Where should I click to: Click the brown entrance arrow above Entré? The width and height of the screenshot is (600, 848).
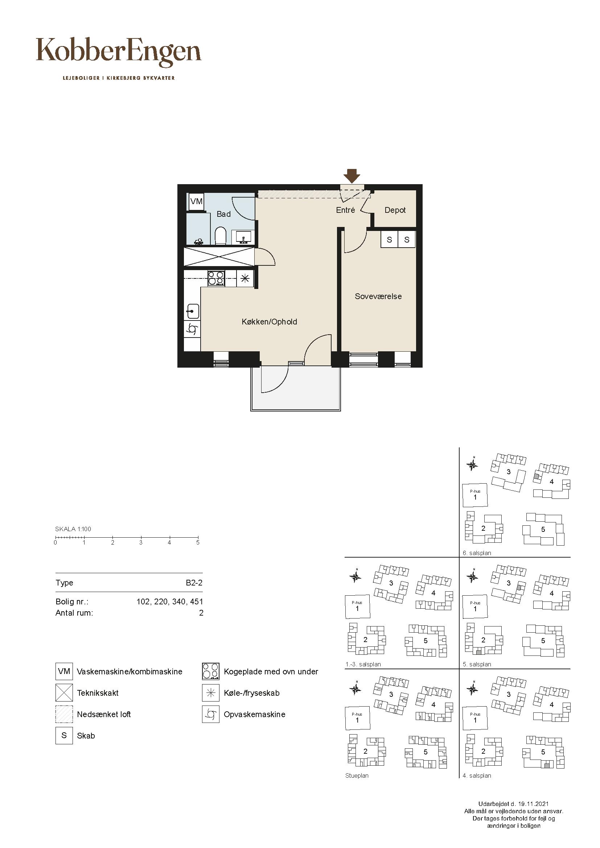(352, 176)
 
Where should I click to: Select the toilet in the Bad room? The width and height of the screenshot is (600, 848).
(221, 236)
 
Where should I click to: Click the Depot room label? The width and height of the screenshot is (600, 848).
(395, 210)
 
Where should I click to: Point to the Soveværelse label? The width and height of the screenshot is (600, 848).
(378, 296)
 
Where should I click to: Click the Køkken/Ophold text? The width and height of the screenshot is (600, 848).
(269, 322)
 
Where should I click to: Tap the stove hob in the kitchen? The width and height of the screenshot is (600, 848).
(216, 278)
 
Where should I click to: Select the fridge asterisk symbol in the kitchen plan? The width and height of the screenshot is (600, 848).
(245, 278)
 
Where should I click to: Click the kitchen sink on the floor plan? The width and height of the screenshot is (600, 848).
(193, 311)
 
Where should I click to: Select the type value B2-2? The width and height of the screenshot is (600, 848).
(194, 583)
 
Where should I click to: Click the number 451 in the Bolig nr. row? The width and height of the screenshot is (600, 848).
(196, 602)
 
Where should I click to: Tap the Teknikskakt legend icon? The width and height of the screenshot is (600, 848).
(64, 692)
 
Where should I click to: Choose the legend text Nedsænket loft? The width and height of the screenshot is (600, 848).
(104, 714)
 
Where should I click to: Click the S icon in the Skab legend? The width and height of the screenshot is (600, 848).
(64, 735)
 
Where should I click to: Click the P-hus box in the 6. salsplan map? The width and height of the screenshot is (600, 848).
(475, 495)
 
